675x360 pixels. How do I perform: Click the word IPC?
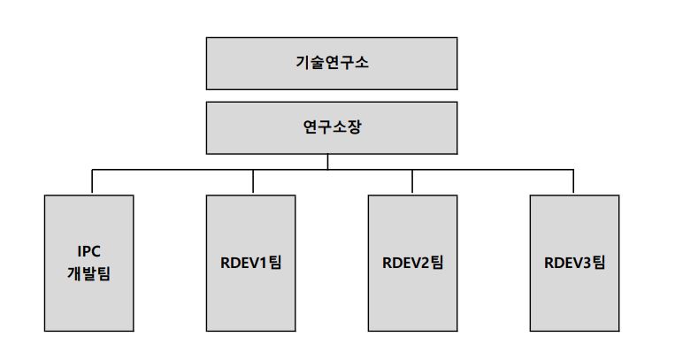(90, 253)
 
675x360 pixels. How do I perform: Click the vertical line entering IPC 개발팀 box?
(91, 181)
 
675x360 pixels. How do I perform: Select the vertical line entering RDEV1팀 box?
(252, 181)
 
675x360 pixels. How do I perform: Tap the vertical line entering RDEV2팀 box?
(412, 181)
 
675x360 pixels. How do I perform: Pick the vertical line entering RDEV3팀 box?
(573, 181)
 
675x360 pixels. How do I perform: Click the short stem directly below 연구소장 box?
(328, 160)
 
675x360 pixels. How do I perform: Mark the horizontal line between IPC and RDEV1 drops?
(172, 168)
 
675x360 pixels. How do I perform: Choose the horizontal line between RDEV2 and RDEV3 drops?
(493, 168)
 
